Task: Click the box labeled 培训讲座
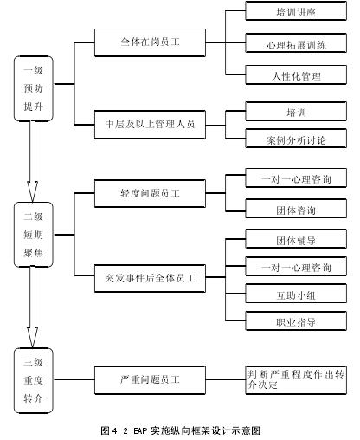coord(296,11)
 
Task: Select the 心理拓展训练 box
coord(296,43)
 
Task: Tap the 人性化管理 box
coord(296,74)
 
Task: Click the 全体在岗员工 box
coord(150,42)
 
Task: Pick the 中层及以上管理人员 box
coord(150,125)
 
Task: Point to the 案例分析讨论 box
coord(296,139)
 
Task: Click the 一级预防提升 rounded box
coord(34,88)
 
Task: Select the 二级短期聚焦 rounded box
coord(34,235)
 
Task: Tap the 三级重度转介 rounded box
coord(34,380)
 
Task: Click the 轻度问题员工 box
coord(150,193)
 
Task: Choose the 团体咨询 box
coord(296,208)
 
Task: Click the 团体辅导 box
coord(296,239)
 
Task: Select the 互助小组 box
coord(296,294)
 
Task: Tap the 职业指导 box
coord(296,320)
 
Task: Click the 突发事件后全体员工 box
coord(150,278)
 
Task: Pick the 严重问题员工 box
coord(150,380)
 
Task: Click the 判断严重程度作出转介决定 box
coord(296,380)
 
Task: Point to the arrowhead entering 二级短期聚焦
coord(32,192)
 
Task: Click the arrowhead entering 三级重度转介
coord(32,338)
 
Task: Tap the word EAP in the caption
coord(140,430)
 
